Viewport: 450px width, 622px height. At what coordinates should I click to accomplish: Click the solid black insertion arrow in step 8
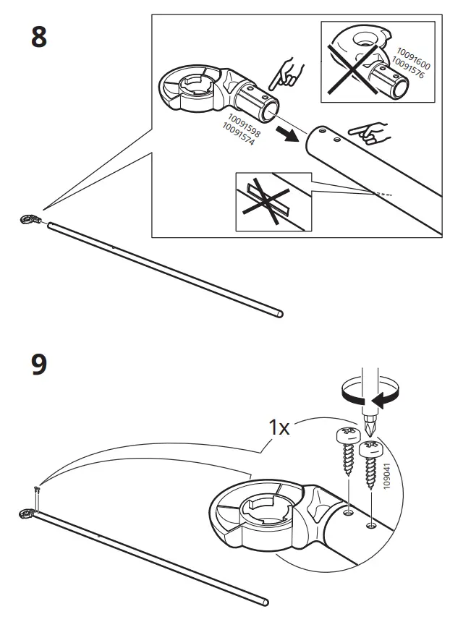292,133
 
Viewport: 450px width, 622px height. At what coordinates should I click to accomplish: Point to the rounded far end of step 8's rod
279,314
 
